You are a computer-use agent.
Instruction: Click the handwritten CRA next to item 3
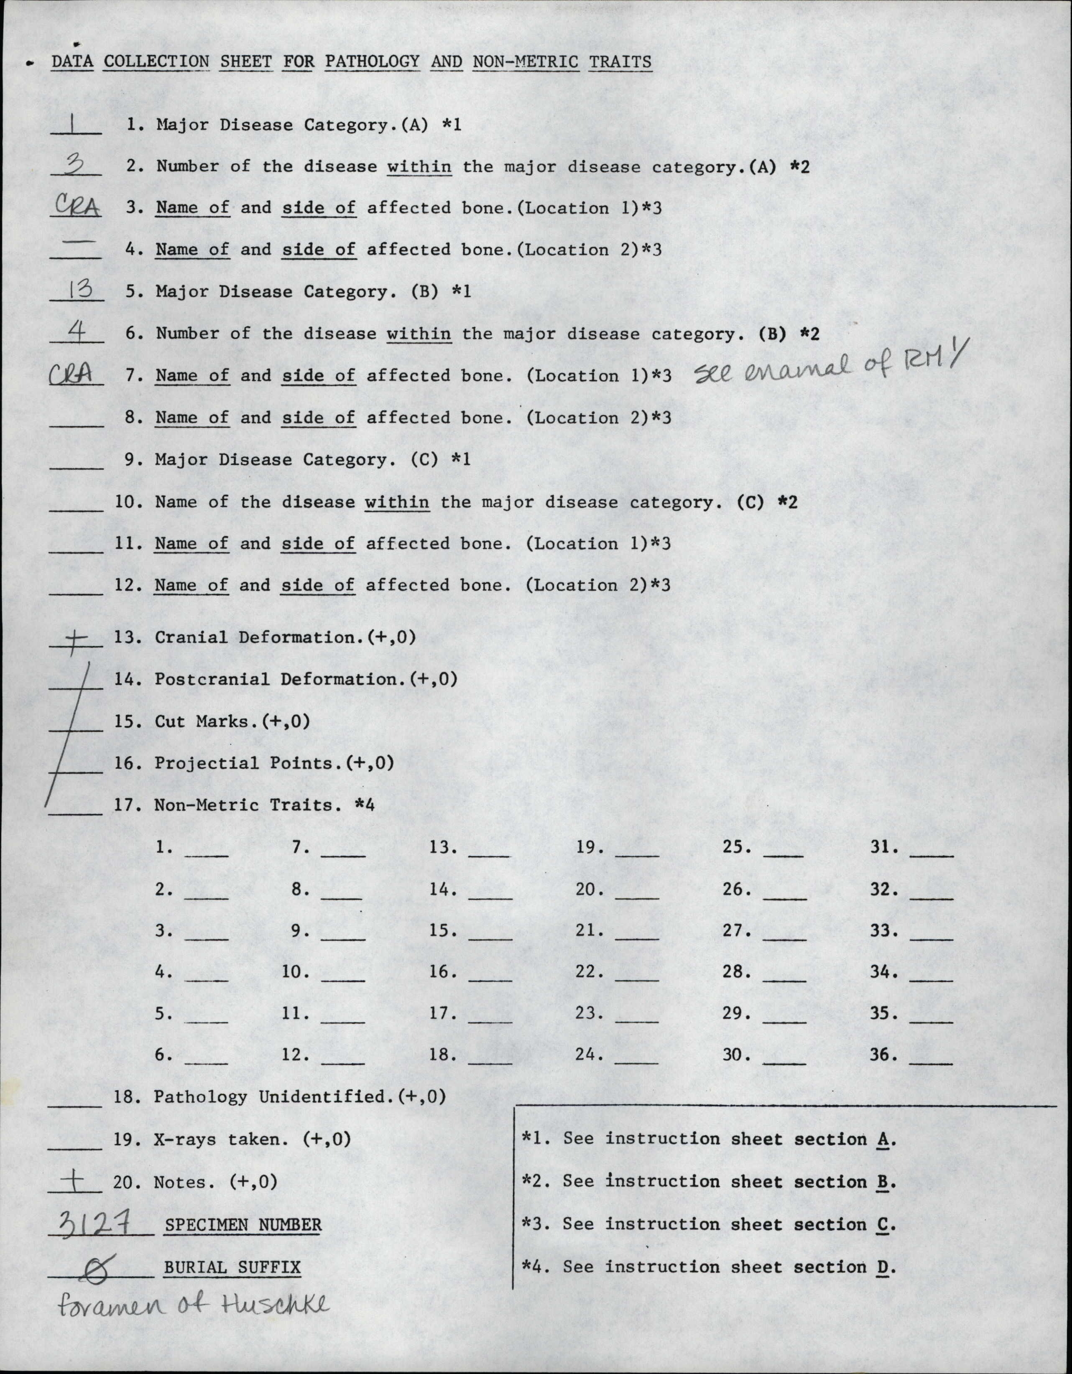point(76,206)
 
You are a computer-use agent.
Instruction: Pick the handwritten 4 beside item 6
point(77,331)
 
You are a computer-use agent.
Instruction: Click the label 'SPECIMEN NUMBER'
point(243,1224)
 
